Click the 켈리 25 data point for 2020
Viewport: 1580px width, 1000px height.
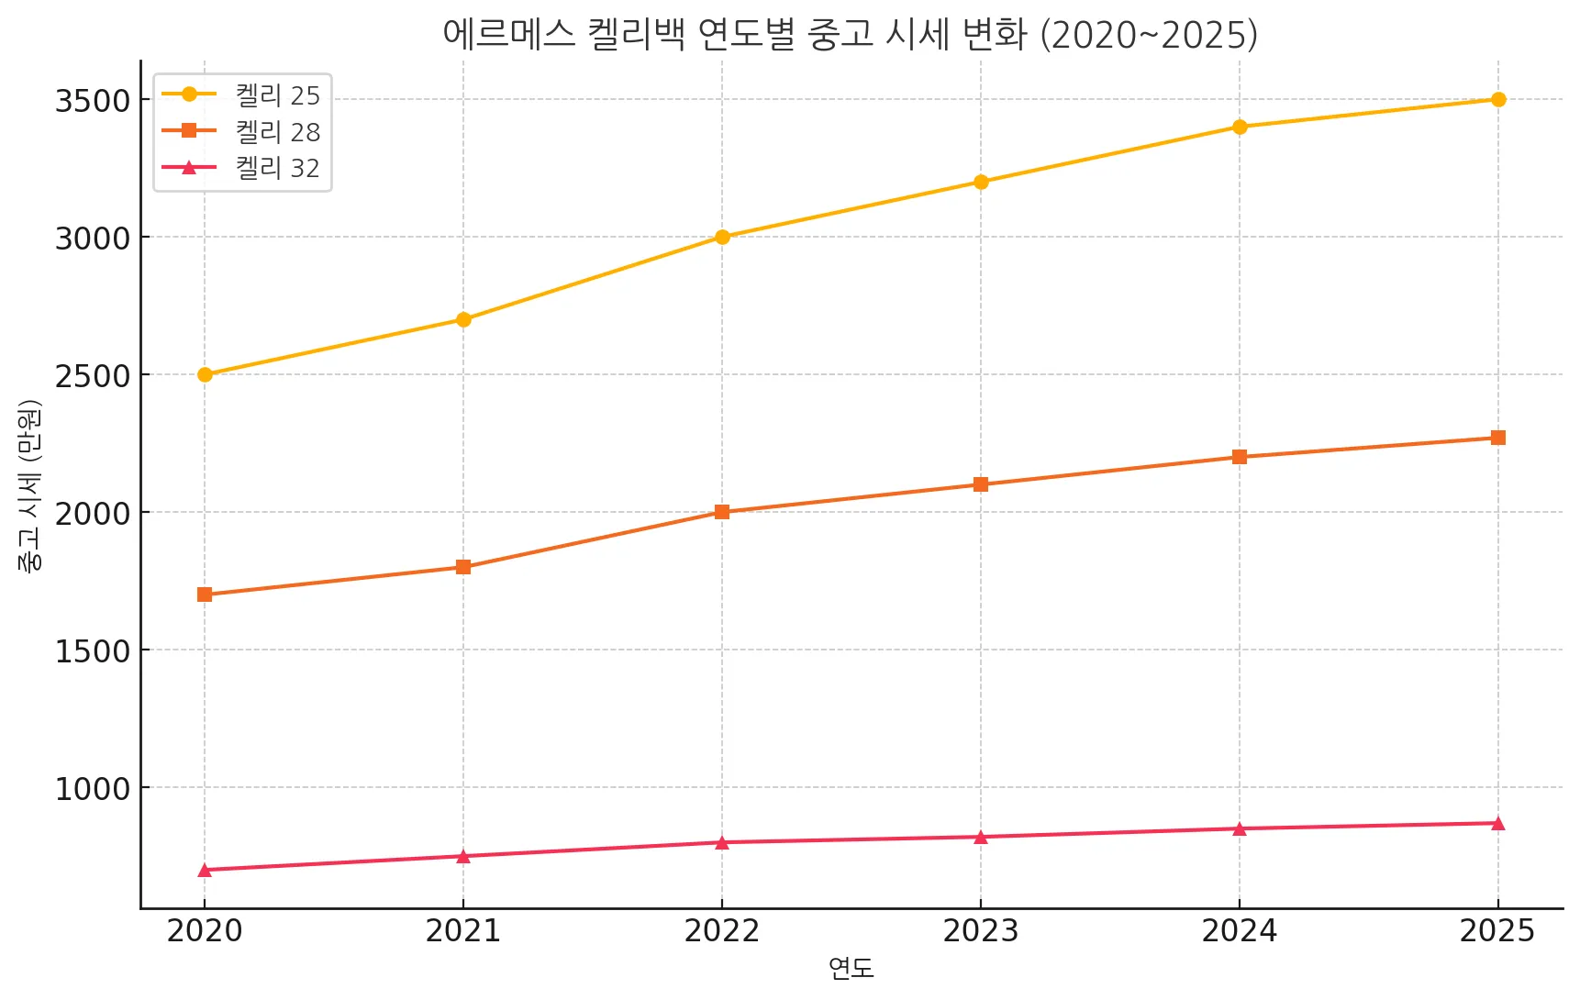click(205, 374)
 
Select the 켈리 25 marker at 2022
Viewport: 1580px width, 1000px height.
click(722, 237)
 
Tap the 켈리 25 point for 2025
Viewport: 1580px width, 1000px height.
click(1498, 99)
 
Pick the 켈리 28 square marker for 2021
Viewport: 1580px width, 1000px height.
click(463, 567)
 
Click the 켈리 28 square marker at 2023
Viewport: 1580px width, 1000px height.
click(981, 484)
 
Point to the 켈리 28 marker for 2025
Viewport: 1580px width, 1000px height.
click(1498, 438)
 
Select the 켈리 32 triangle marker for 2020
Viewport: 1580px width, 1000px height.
click(205, 870)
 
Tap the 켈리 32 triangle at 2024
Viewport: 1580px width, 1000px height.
click(1240, 828)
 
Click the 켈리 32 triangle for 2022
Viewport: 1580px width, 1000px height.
click(722, 842)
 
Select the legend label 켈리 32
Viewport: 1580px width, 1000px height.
click(277, 168)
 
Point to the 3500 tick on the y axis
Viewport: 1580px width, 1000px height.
click(93, 100)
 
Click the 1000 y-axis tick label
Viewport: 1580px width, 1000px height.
click(93, 788)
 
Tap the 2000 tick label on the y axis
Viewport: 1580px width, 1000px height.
click(93, 513)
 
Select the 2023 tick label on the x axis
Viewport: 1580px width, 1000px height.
click(981, 931)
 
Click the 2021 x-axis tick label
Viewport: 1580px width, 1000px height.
click(463, 931)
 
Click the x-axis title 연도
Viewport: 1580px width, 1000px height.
click(851, 968)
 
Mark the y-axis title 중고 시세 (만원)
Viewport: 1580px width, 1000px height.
click(29, 486)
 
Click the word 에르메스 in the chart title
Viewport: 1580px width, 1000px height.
click(508, 35)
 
